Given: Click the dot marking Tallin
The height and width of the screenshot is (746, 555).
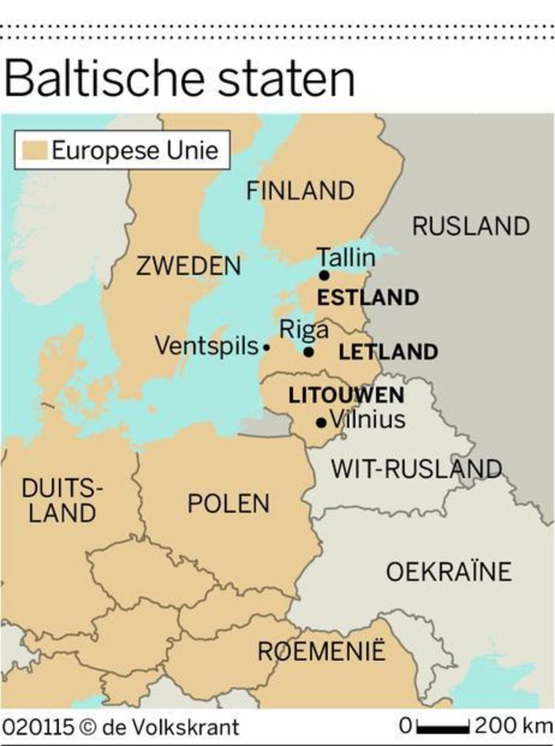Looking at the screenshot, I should tap(324, 275).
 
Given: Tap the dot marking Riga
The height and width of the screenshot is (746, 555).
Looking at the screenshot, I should tap(308, 352).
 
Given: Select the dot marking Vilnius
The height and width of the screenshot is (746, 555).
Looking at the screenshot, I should tap(321, 422).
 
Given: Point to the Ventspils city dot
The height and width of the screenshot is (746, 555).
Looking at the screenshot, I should tap(266, 348).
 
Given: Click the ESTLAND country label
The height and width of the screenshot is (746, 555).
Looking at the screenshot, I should tap(368, 297).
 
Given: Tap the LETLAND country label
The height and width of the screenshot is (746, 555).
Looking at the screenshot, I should tap(388, 353).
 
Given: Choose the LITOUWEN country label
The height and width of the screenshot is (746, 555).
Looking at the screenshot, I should tap(346, 396).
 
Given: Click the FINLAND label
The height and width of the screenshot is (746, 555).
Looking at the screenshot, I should tap(300, 191).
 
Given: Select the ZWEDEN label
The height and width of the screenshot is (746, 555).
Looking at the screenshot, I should tap(188, 266).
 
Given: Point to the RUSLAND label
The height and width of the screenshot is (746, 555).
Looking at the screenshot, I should tap(471, 226).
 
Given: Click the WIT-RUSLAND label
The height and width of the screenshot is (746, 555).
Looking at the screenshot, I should tap(417, 469).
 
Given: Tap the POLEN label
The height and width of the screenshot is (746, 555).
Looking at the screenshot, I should tap(228, 503).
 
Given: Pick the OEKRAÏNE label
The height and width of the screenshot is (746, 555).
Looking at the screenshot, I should tap(448, 572).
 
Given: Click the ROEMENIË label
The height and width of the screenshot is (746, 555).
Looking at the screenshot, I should tap(322, 651).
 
